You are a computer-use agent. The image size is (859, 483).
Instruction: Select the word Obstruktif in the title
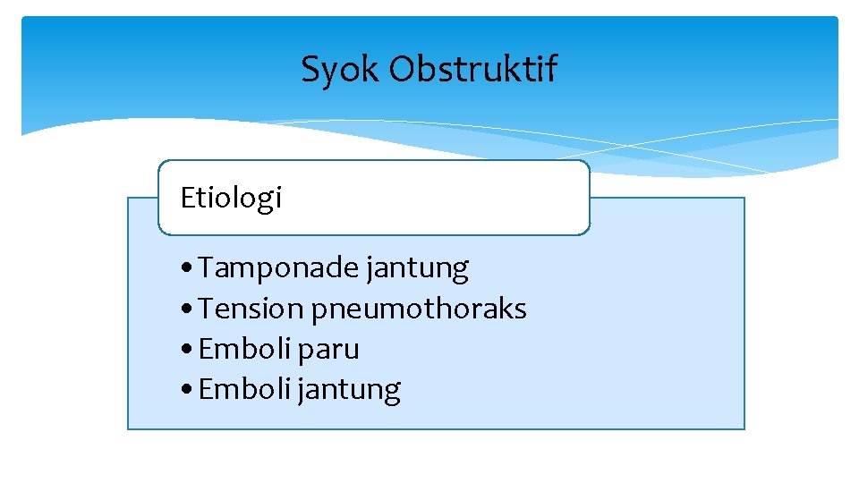click(x=472, y=68)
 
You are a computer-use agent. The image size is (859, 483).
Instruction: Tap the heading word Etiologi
click(x=231, y=198)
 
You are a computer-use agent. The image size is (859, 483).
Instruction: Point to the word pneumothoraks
click(x=419, y=309)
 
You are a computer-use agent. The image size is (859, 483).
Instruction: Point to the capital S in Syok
click(x=310, y=69)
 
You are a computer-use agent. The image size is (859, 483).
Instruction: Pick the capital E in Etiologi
click(x=187, y=198)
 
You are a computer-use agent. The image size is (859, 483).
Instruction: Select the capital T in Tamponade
click(x=206, y=267)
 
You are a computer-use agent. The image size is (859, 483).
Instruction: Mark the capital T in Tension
click(x=206, y=309)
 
